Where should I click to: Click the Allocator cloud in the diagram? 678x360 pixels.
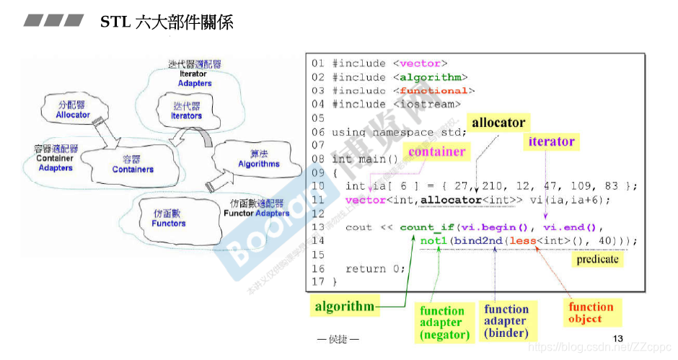point(73,110)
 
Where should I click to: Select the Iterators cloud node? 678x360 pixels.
point(186,111)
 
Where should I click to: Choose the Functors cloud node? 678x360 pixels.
point(169,219)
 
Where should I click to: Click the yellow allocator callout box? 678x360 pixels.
point(498,123)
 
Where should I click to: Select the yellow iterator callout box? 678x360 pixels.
point(551,141)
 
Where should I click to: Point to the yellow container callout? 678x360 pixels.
point(436,152)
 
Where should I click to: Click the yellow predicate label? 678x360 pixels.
point(597,259)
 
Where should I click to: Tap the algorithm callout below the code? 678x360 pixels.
point(345,307)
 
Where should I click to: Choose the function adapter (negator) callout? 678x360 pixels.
point(444,322)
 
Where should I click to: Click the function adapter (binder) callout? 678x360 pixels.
point(506,321)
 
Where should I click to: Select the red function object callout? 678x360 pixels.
point(591,312)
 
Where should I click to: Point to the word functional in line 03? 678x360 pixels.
point(433,91)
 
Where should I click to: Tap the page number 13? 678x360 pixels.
point(617,339)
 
